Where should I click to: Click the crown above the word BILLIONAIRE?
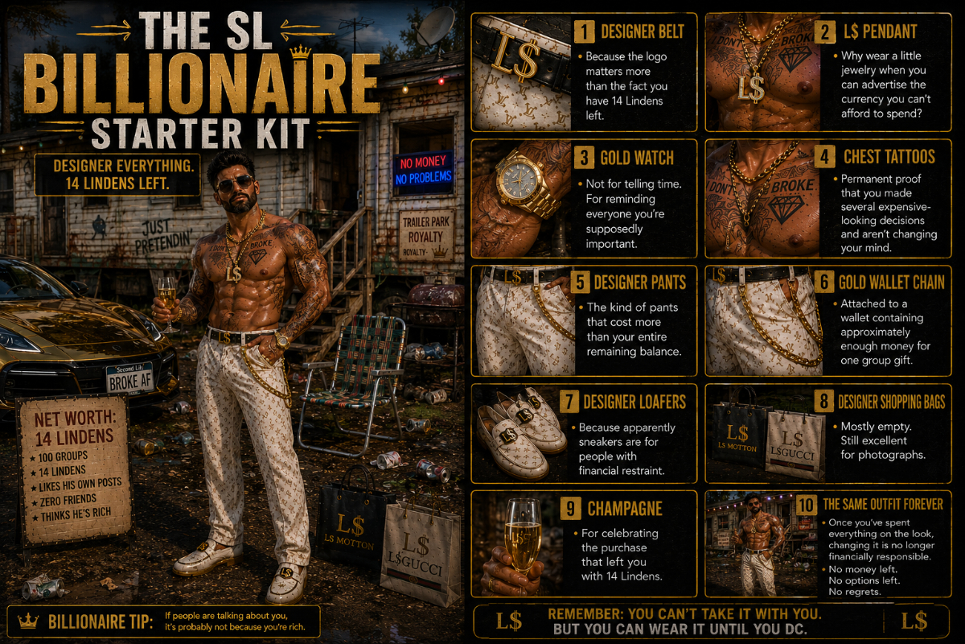300,52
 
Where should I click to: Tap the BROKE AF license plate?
129,378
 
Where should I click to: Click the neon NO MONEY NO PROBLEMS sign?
424,170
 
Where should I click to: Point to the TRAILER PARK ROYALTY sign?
425,236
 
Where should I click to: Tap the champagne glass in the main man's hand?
167,303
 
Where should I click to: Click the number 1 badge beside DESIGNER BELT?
584,32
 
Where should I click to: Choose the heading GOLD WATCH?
637,159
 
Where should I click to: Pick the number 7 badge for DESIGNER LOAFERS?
569,402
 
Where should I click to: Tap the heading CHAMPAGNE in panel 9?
625,509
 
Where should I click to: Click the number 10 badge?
806,505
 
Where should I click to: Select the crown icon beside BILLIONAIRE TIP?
28,621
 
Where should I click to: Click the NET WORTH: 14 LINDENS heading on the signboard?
75,427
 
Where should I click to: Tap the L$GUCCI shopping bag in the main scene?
420,552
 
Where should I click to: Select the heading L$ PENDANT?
880,32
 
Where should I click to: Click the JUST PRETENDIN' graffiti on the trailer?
162,237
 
